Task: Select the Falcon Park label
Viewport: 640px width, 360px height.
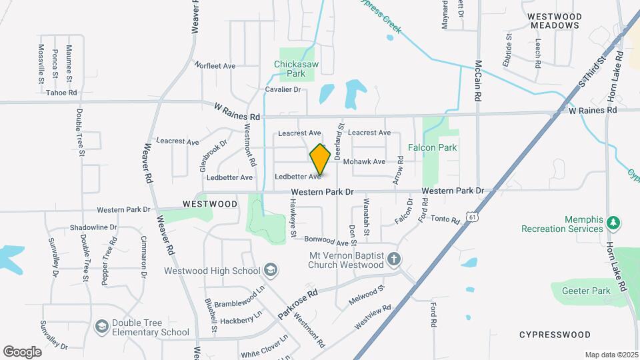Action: (432, 147)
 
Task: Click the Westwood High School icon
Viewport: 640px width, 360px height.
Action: (271, 270)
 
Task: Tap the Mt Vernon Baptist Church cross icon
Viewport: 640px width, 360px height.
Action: (394, 259)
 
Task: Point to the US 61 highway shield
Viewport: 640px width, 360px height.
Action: (472, 217)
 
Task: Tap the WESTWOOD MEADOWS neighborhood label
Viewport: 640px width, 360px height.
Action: (555, 20)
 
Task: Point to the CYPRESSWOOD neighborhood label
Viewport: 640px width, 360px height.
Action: (555, 334)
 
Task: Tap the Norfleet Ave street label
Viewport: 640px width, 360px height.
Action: (215, 65)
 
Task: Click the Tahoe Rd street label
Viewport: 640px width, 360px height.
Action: (61, 93)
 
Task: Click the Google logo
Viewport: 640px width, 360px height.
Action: (22, 351)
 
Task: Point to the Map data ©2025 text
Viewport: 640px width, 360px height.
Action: (611, 355)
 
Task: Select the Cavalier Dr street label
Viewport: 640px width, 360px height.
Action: (283, 89)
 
